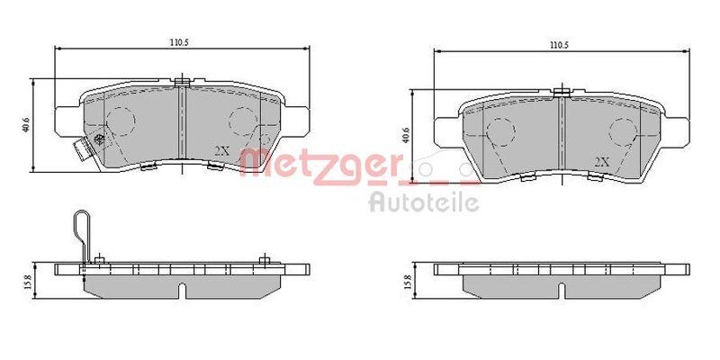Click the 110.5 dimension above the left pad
pyautogui.click(x=179, y=41)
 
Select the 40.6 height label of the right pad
pyautogui.click(x=407, y=136)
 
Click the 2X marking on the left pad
pyautogui.click(x=221, y=150)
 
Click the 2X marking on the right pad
pyautogui.click(x=602, y=161)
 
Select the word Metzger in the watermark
pyautogui.click(x=320, y=165)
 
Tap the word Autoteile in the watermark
pyautogui.click(x=424, y=202)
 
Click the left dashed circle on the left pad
pyautogui.click(x=120, y=120)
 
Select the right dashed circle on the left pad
pyautogui.click(x=241, y=120)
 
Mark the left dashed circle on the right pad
pyautogui.click(x=500, y=132)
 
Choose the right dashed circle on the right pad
pyautogui.click(x=622, y=132)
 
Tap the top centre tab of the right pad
pyautogui.click(x=562, y=91)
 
